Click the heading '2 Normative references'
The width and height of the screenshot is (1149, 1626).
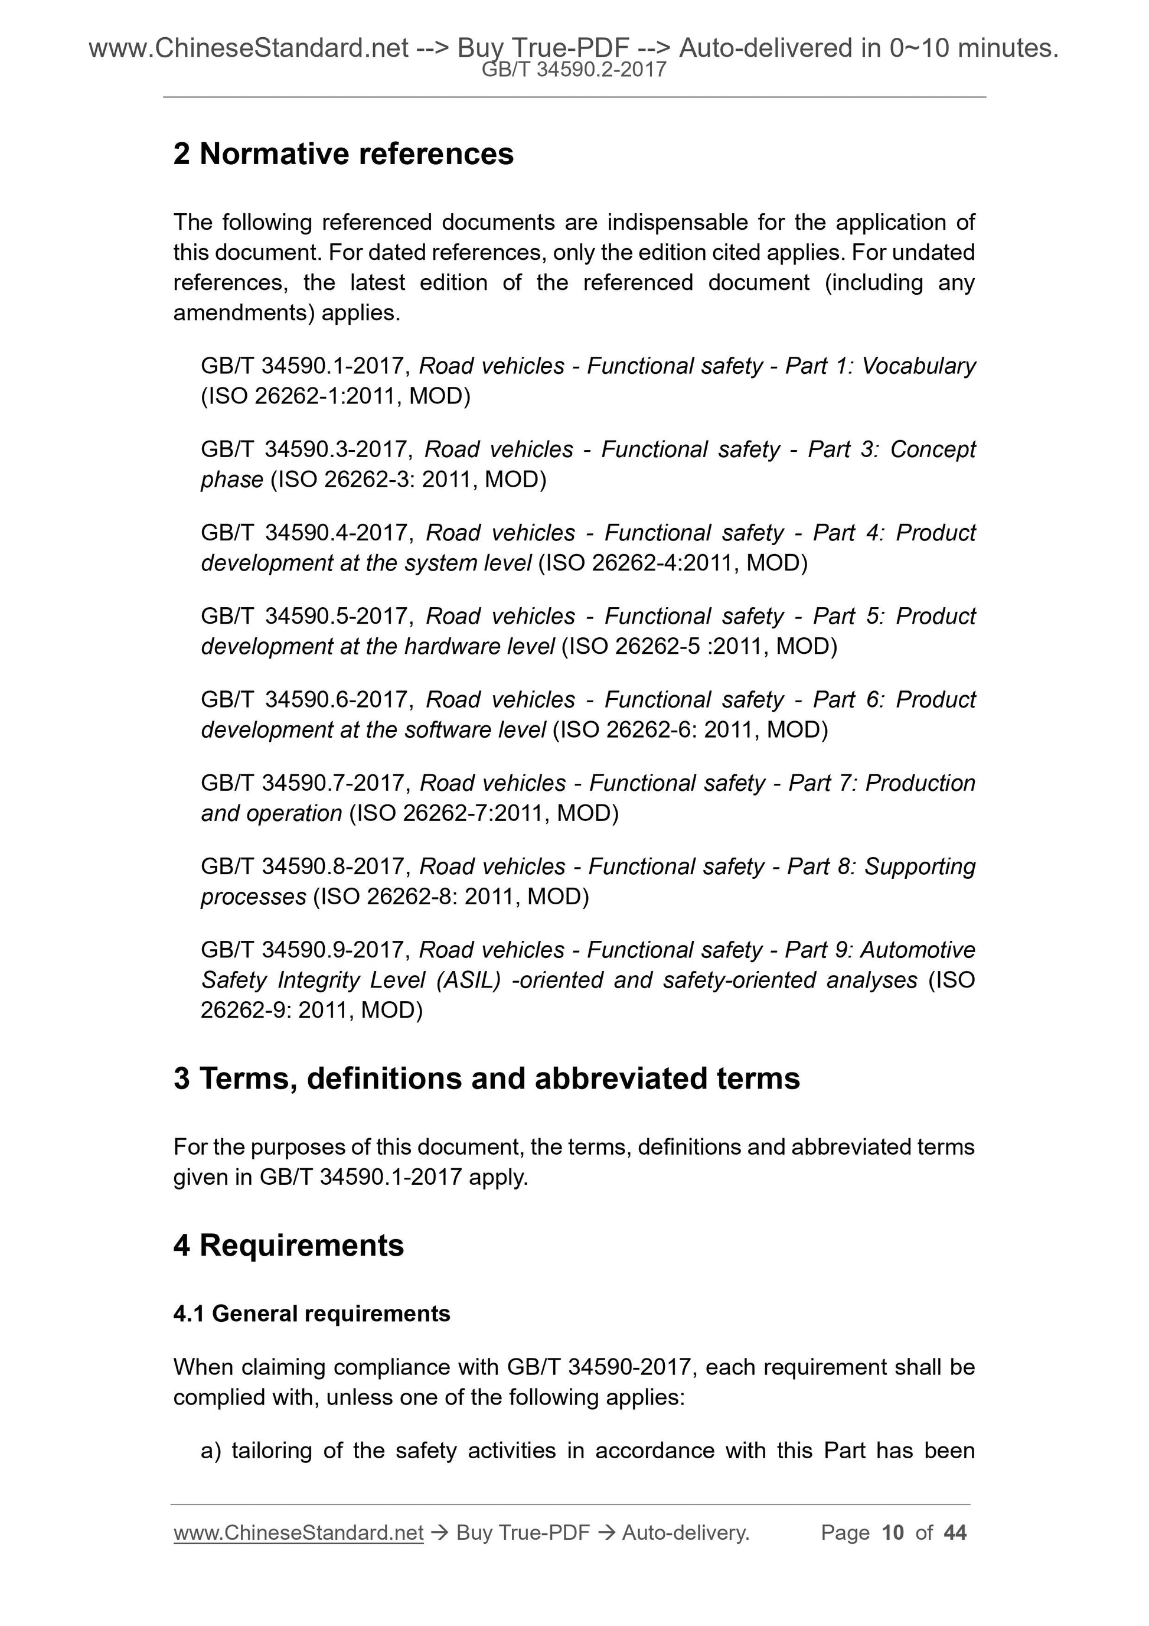(344, 154)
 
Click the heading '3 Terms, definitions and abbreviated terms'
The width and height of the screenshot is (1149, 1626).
(487, 1078)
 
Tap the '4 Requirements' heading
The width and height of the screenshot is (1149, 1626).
(288, 1245)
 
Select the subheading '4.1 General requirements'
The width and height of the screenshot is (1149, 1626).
(312, 1314)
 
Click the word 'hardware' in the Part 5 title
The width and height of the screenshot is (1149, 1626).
(445, 646)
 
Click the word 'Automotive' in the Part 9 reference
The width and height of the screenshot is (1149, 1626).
(918, 950)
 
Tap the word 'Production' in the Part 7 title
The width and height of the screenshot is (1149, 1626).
(920, 783)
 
